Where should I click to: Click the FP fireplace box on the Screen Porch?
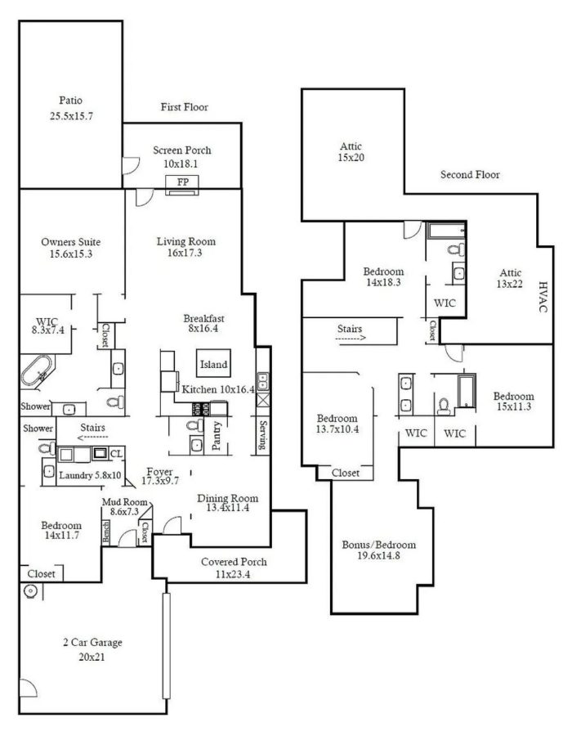pyautogui.click(x=181, y=182)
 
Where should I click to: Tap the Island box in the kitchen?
pyautogui.click(x=213, y=364)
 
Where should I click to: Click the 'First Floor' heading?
pyautogui.click(x=184, y=107)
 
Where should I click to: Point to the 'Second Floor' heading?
pyautogui.click(x=470, y=174)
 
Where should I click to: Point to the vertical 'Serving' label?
pyautogui.click(x=262, y=436)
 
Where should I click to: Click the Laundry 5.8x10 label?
pyautogui.click(x=91, y=475)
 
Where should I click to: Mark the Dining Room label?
pyautogui.click(x=228, y=498)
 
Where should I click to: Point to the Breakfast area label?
pyautogui.click(x=203, y=319)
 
